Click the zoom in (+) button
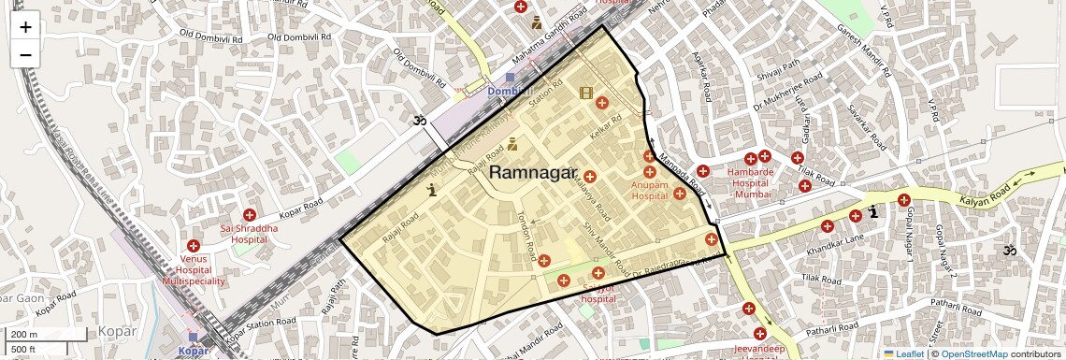25,26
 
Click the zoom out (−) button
25,54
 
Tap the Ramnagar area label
533,173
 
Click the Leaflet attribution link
903,353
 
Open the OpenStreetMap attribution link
973,353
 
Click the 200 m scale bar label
24,334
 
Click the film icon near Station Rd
586,93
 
